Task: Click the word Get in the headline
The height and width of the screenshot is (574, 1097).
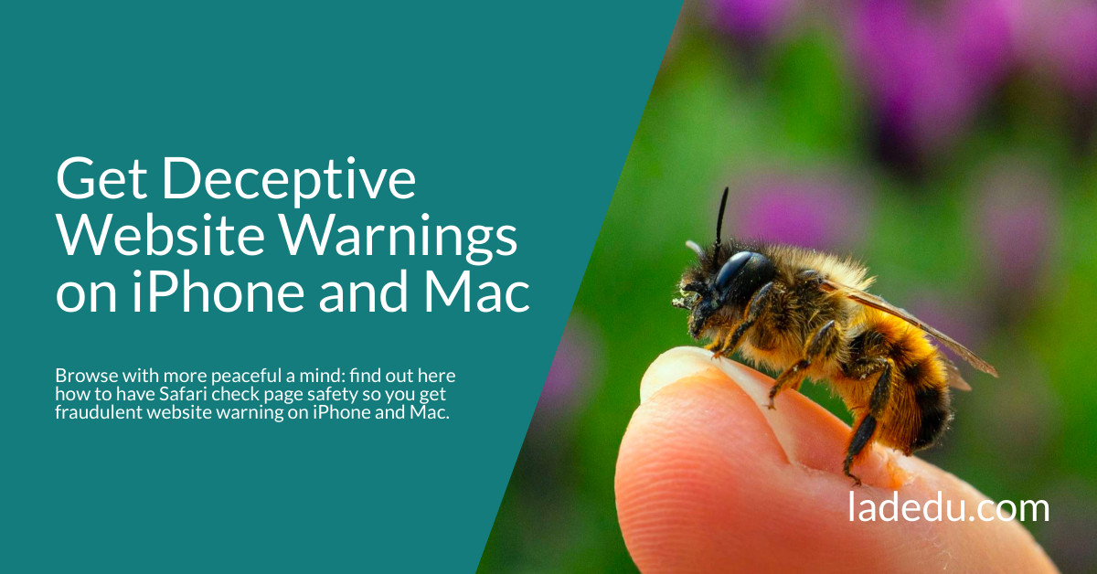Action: pyautogui.click(x=102, y=180)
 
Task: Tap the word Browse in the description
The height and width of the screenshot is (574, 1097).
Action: pyautogui.click(x=80, y=376)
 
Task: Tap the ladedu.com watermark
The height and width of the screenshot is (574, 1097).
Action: pyautogui.click(x=948, y=508)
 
